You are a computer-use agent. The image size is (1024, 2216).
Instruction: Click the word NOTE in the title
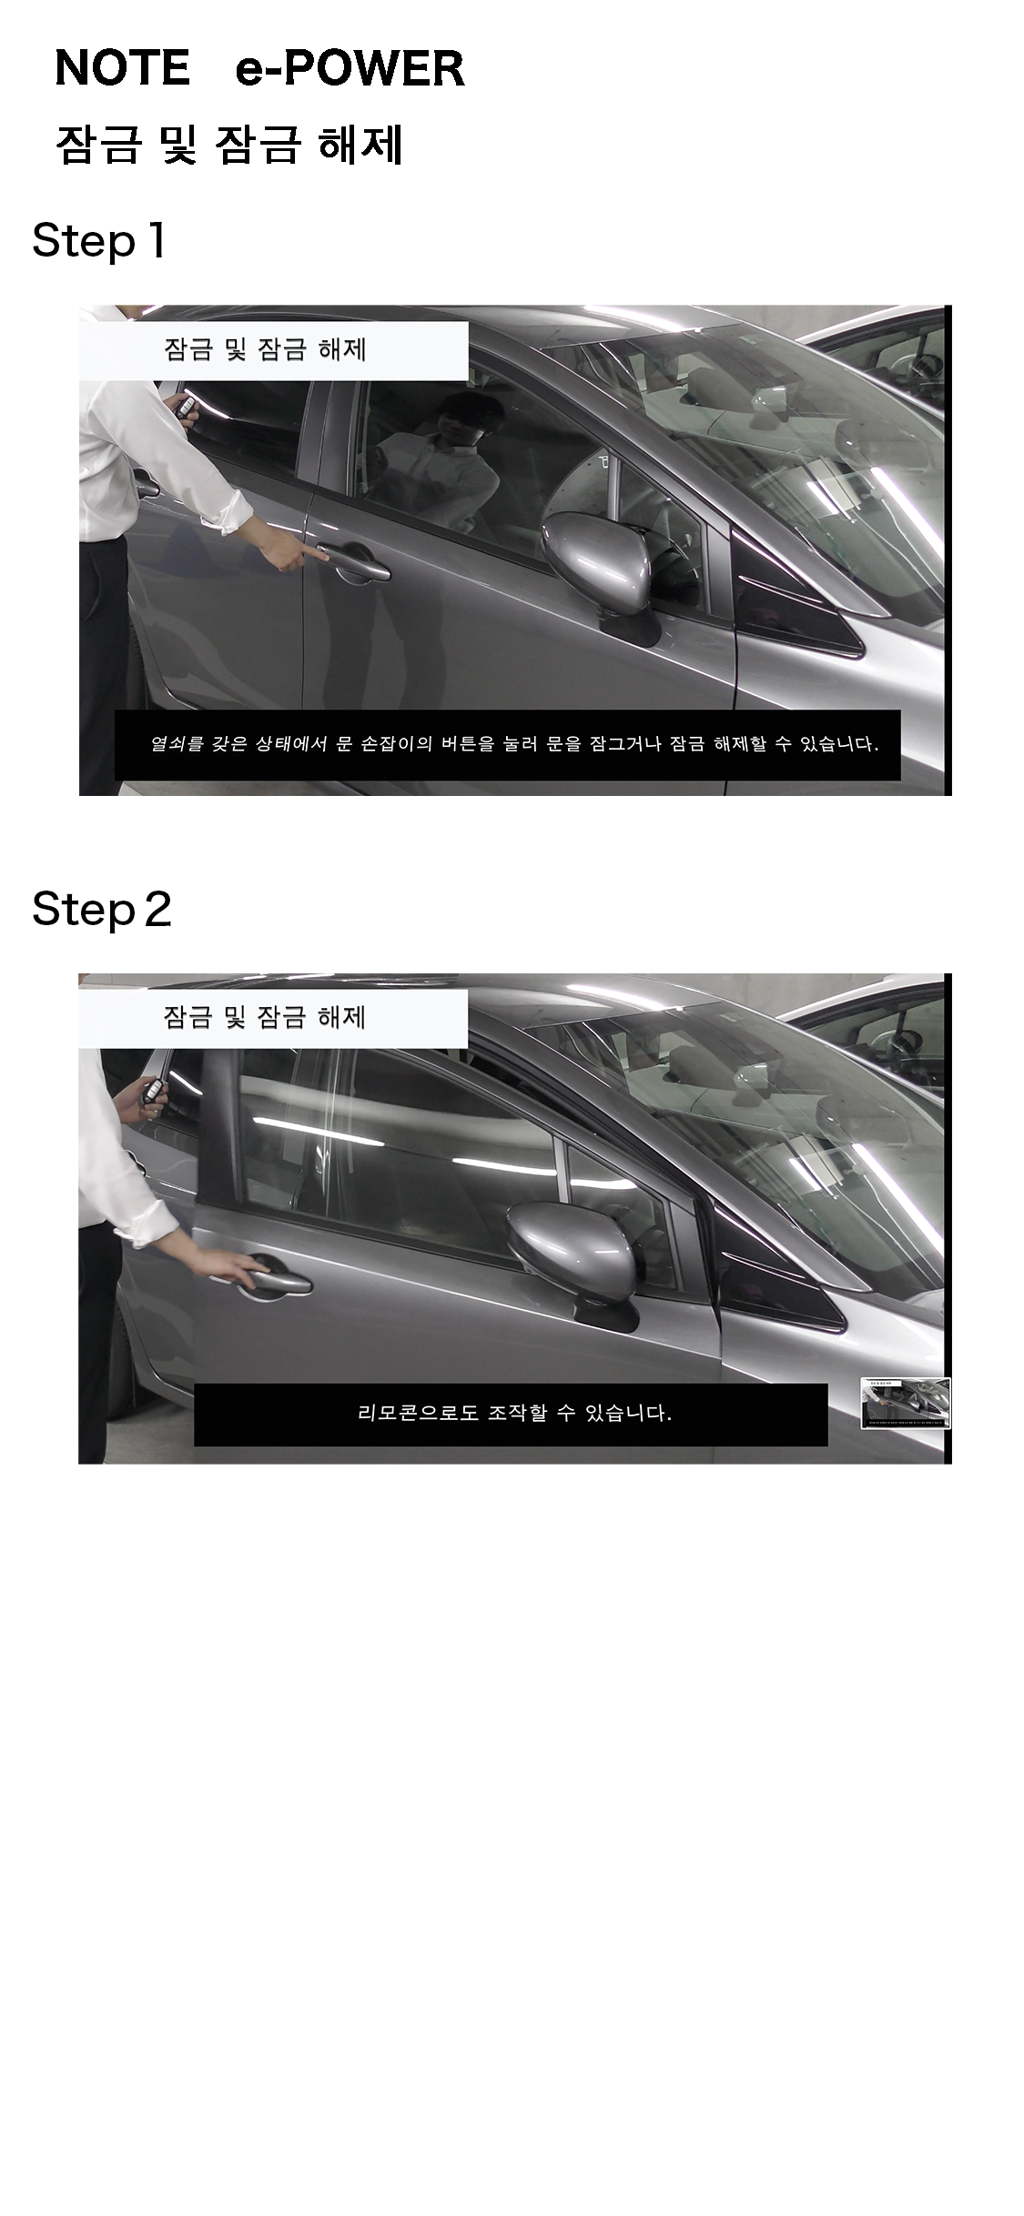click(122, 68)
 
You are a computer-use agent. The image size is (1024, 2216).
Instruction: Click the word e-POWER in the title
click(350, 68)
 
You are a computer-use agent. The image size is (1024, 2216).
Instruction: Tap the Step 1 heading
click(98, 241)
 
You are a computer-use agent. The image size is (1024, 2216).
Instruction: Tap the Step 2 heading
click(101, 909)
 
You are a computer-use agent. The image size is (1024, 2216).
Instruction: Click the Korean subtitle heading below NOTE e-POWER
click(229, 145)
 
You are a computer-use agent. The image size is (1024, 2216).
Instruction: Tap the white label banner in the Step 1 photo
click(273, 350)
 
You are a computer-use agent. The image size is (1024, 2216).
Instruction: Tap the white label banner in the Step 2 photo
click(272, 1018)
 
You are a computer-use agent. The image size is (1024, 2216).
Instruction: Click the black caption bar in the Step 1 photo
click(507, 744)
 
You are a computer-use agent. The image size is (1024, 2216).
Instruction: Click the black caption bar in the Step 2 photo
click(511, 1414)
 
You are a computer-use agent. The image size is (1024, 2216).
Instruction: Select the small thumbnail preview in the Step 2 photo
click(906, 1403)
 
